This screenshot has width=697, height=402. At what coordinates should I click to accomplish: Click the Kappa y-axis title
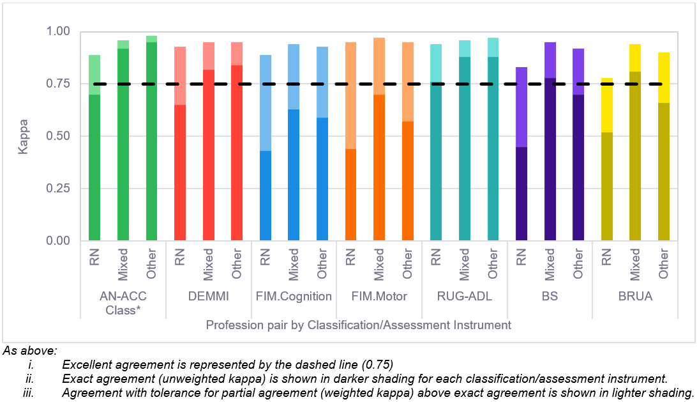click(x=24, y=135)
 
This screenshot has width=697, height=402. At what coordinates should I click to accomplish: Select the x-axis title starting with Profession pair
click(x=358, y=325)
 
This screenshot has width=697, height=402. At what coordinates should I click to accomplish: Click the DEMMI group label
click(x=208, y=296)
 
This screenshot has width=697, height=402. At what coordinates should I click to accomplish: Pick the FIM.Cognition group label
click(x=294, y=296)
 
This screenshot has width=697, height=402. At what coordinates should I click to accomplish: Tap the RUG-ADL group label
click(x=464, y=296)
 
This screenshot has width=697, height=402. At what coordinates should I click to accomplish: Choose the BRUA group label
click(x=634, y=296)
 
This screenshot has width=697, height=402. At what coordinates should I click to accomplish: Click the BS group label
click(x=550, y=296)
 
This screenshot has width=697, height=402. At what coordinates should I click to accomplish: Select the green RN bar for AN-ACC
click(x=94, y=166)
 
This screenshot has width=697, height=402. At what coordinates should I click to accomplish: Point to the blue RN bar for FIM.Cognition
click(x=265, y=192)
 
